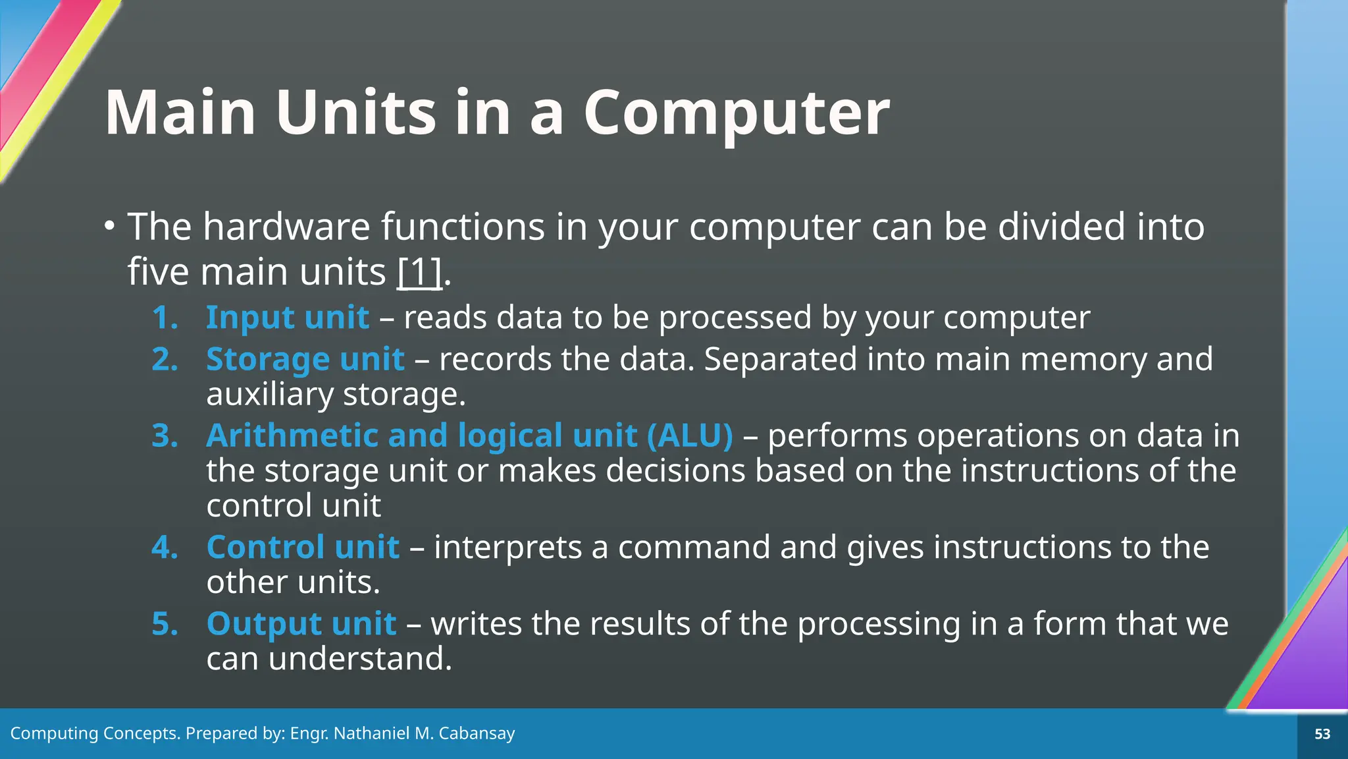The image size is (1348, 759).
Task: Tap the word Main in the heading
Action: pos(180,113)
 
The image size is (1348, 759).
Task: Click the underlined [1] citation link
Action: pos(419,272)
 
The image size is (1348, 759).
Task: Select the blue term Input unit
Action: pos(287,318)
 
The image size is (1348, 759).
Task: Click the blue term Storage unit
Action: pos(305,360)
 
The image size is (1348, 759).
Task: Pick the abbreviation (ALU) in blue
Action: pos(689,436)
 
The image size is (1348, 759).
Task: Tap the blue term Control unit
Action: pos(303,548)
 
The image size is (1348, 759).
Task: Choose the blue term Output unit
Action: pos(301,624)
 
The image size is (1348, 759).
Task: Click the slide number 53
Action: pos(1322,734)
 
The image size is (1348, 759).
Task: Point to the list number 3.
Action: pos(165,436)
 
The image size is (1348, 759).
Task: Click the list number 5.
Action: pos(165,624)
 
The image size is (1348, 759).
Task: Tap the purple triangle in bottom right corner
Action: pos(1307,665)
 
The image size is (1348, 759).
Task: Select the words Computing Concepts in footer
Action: pos(94,733)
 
